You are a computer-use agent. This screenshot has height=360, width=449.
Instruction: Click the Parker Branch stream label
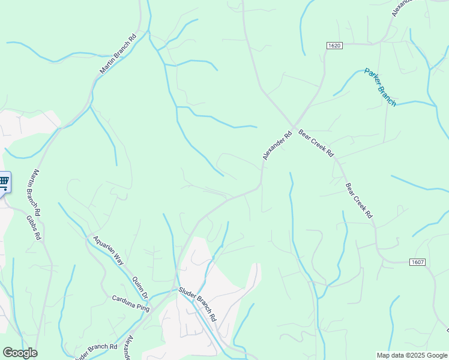380,87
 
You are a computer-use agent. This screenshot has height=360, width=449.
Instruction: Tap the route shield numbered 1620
334,46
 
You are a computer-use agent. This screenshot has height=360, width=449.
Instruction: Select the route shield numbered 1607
418,262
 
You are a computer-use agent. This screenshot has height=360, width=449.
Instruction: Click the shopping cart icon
4,182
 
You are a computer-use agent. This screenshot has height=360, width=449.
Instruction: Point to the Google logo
20,353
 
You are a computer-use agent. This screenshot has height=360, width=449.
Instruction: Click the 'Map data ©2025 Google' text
411,355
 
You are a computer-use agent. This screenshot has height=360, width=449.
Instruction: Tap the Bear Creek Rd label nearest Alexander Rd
316,144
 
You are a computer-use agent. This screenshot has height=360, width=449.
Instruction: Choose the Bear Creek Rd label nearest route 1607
359,199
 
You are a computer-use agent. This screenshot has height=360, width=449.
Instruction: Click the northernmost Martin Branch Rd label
118,53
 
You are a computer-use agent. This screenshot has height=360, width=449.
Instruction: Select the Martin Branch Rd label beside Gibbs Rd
33,192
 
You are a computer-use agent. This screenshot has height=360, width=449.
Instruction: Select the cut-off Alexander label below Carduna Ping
127,348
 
